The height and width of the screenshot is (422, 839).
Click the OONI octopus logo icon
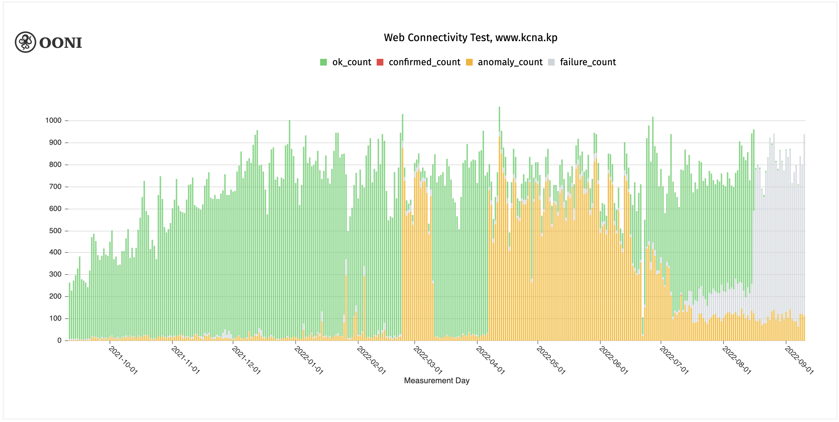coord(25,42)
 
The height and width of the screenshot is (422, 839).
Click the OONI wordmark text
coord(61,43)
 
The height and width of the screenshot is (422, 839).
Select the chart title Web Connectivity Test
coord(470,37)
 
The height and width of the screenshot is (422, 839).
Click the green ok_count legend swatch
coord(323,62)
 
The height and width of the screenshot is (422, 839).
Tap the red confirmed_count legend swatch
coord(380,62)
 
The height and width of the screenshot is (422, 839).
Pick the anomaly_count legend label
coord(510,62)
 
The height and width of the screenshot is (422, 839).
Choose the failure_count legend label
coord(588,62)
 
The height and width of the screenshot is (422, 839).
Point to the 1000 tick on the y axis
coord(54,120)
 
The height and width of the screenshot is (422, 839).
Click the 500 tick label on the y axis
coord(55,231)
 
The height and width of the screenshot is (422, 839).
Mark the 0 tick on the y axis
coord(60,340)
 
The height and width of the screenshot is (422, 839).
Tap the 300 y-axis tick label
coord(55,274)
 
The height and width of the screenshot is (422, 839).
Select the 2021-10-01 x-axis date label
coord(123,360)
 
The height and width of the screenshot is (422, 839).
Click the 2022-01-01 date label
coord(308,360)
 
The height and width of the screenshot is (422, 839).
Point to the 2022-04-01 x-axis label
coord(490,360)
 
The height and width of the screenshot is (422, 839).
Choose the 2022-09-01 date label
coord(799,360)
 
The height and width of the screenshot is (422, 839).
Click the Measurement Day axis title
coord(437,381)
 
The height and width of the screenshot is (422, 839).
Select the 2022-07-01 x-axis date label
coord(674,360)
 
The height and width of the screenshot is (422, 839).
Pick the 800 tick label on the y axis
coord(55,165)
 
